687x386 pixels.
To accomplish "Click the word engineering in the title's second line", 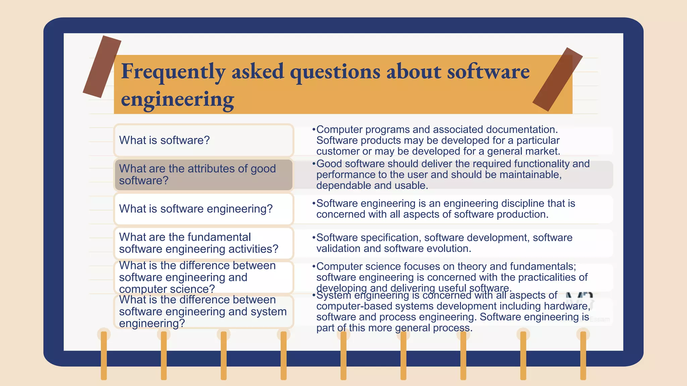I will [177, 100].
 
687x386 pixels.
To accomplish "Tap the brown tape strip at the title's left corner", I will [102, 67].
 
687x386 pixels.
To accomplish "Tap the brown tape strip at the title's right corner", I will [558, 79].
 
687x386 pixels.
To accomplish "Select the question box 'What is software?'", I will [204, 140].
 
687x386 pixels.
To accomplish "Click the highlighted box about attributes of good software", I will [204, 175].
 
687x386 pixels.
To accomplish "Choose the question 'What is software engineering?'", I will [204, 209].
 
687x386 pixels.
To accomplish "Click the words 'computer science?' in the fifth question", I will [167, 289].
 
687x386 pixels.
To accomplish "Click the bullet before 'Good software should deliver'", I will [314, 164].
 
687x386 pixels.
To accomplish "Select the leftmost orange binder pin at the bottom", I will [104, 355].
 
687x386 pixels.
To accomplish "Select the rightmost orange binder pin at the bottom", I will [583, 355].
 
